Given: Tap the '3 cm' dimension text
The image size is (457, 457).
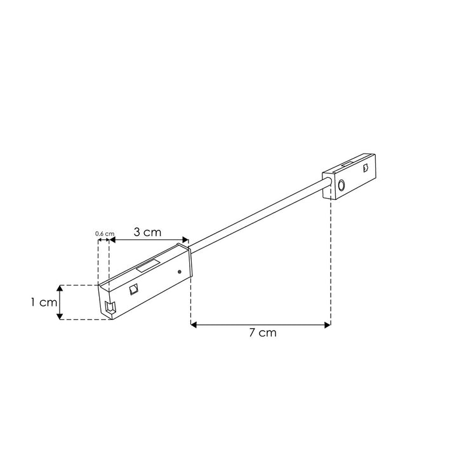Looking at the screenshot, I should click(x=147, y=232).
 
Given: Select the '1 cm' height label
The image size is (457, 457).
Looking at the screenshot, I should click(x=44, y=303).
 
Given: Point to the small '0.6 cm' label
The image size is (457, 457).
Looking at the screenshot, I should click(x=105, y=234).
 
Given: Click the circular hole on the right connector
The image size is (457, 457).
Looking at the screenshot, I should click(x=341, y=186).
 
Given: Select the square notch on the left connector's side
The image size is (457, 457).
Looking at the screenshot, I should click(x=133, y=289).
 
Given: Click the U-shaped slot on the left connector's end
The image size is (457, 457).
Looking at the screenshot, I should click(x=109, y=310).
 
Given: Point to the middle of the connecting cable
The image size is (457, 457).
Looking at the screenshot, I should click(x=260, y=213).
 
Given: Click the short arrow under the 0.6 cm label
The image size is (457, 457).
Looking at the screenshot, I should click(x=103, y=241).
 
